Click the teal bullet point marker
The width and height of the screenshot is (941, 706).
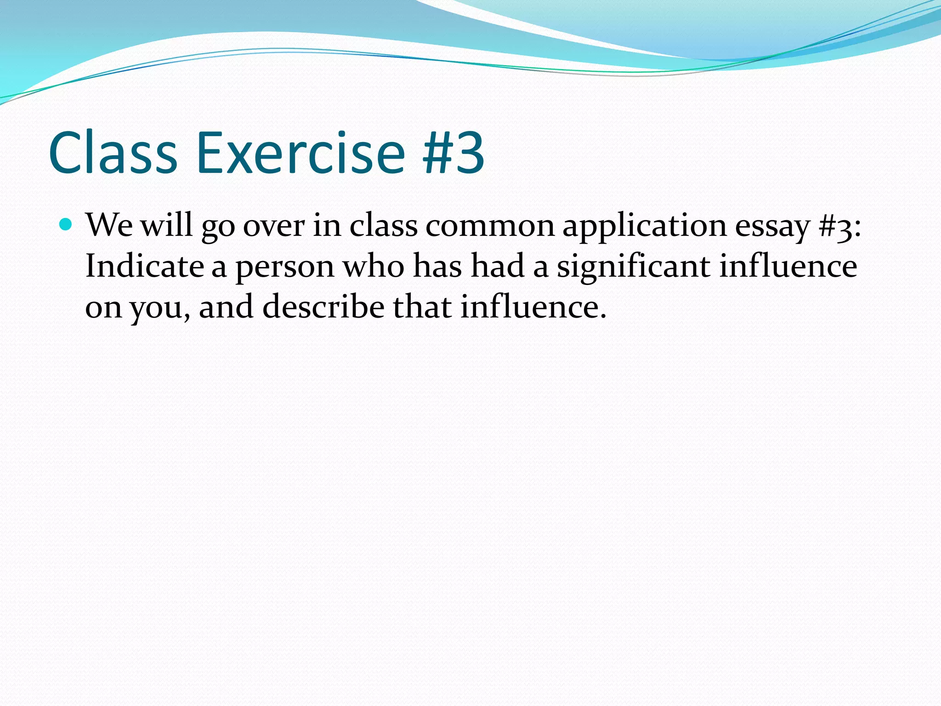coord(66,225)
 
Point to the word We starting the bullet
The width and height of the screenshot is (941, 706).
coord(109,226)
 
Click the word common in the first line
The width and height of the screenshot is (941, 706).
coord(490,226)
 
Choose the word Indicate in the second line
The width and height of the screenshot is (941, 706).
coord(144,266)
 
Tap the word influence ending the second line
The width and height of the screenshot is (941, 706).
coord(788,266)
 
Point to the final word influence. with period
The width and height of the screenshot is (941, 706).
coord(533,307)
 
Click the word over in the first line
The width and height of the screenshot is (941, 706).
coord(274,227)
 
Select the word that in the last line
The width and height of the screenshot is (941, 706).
coord(422,307)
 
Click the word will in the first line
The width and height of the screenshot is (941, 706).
coord(166,225)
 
